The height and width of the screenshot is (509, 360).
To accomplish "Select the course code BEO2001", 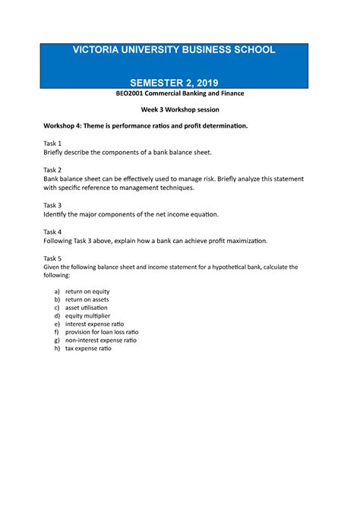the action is (x=127, y=93).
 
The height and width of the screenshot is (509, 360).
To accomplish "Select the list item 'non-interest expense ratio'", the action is (x=100, y=340).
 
